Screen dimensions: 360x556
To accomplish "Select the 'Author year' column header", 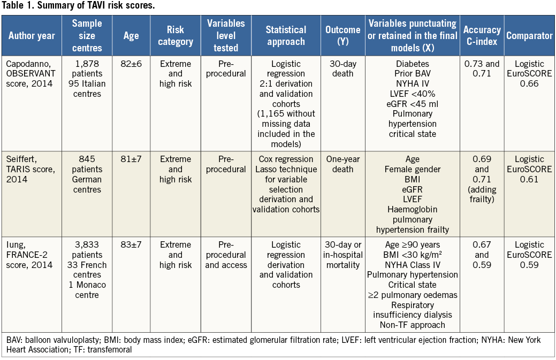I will [32, 36].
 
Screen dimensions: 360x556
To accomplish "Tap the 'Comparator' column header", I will [529, 36].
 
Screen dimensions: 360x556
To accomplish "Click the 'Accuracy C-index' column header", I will [482, 36].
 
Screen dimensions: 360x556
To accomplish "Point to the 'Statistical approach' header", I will [286, 36].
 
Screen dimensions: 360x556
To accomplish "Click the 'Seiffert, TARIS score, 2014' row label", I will [27, 169].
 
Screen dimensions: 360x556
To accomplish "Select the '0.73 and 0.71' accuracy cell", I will [482, 69].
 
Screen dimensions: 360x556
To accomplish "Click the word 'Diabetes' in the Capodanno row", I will [412, 64].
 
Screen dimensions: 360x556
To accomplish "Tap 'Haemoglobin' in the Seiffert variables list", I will [412, 210].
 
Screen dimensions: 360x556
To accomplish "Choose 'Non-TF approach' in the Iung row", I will [412, 325].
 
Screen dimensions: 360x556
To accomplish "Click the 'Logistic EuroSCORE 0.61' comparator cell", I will [529, 169].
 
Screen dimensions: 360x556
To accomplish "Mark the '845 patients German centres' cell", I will [87, 174].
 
